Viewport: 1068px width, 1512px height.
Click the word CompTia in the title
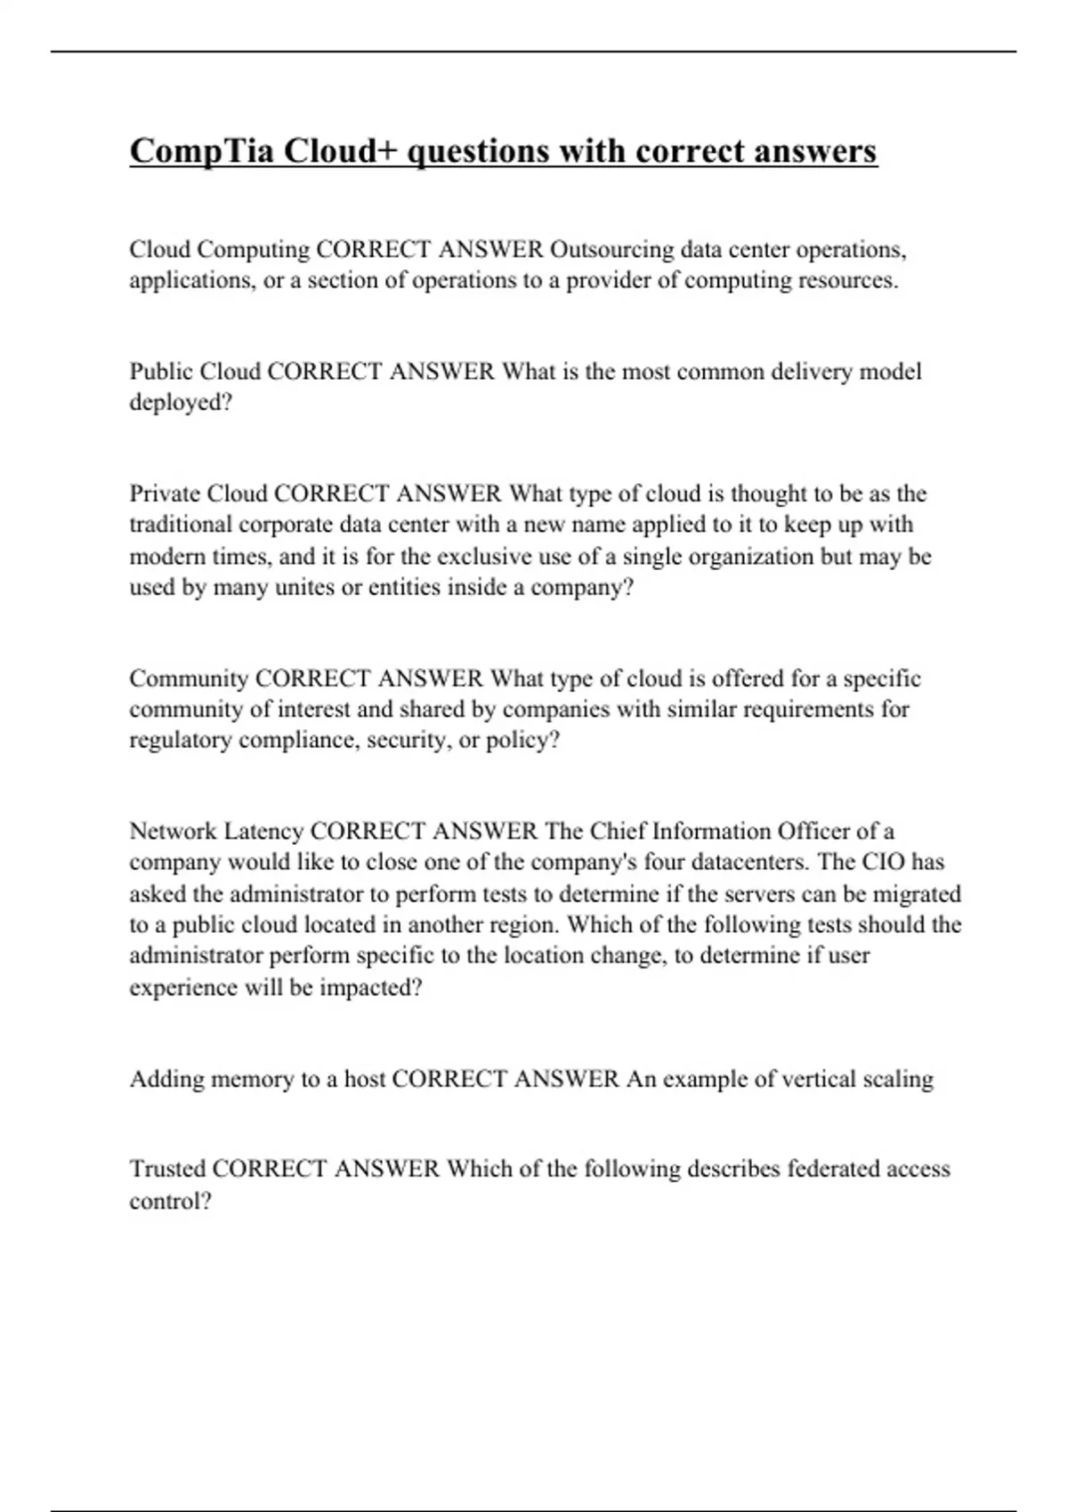click(202, 152)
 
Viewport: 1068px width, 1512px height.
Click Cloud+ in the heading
click(343, 152)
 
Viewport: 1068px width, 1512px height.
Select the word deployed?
click(181, 403)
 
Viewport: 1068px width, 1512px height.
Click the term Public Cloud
click(195, 371)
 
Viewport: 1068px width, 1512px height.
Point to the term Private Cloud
click(198, 494)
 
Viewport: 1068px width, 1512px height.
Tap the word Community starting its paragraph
click(189, 679)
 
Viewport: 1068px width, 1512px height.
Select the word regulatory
click(181, 741)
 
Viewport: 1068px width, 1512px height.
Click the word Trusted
click(167, 1169)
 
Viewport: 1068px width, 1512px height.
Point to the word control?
click(171, 1202)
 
